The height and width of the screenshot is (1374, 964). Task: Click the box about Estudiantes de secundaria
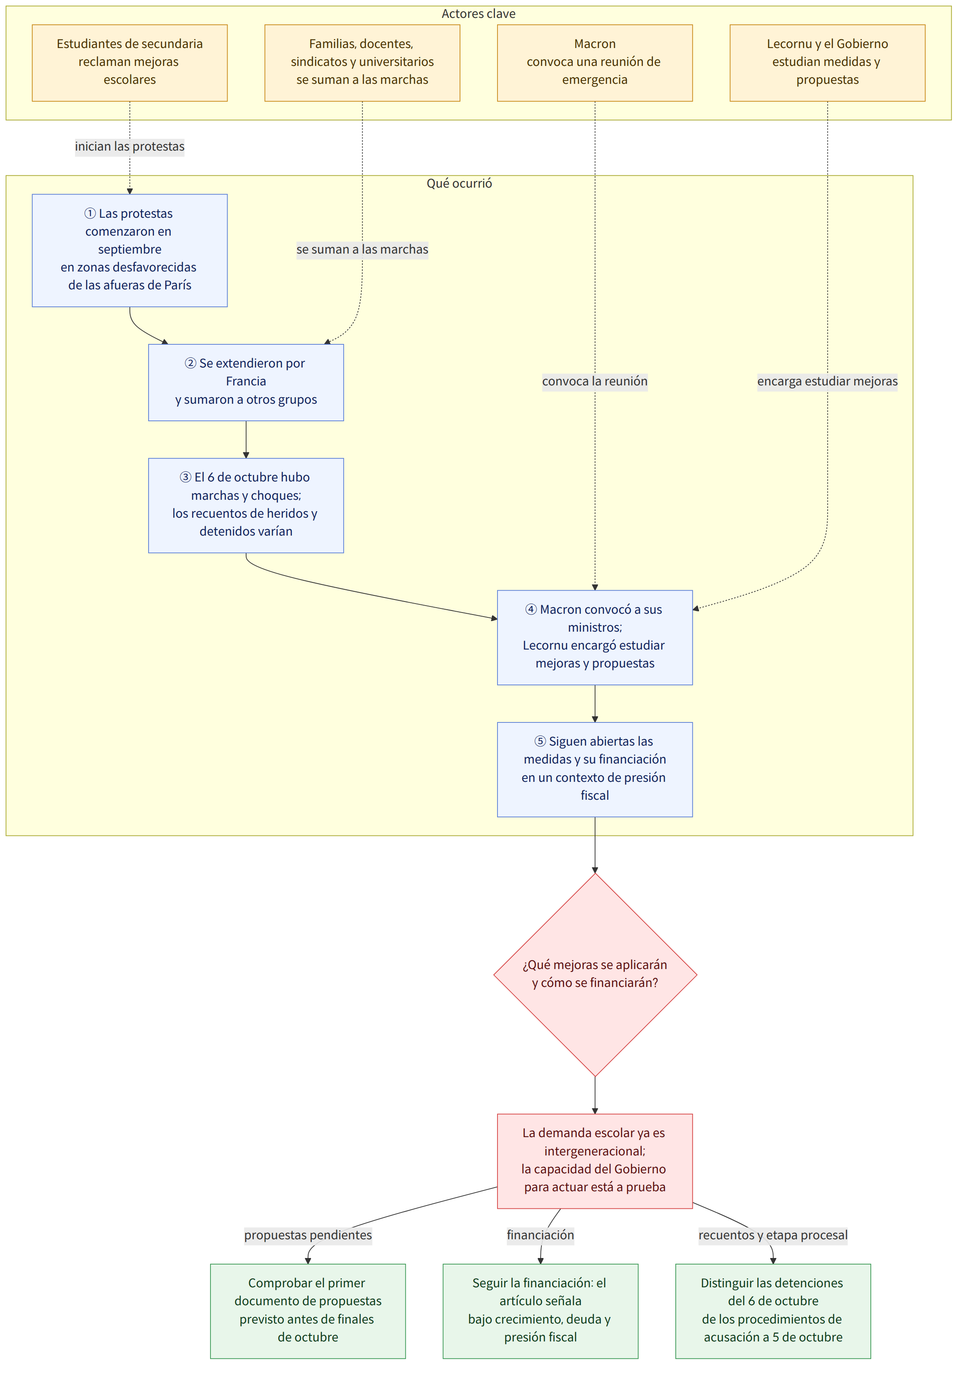click(x=130, y=63)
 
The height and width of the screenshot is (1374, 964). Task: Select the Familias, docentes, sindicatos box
click(x=362, y=63)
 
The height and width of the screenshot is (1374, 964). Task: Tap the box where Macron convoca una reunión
click(x=595, y=63)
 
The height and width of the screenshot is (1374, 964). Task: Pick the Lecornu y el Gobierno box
click(x=828, y=63)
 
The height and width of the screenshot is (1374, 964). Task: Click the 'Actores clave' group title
click(x=478, y=14)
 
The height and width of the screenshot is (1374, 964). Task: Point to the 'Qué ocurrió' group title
click(x=459, y=183)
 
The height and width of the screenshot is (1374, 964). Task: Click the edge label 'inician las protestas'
click(x=130, y=147)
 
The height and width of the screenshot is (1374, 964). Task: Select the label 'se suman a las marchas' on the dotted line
click(x=362, y=249)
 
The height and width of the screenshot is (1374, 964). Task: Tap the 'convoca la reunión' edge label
click(x=595, y=381)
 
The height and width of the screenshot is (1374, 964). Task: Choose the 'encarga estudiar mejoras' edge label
click(x=828, y=381)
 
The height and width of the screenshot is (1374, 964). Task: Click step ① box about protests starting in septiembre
click(x=130, y=250)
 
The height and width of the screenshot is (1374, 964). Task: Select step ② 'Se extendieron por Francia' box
click(x=246, y=383)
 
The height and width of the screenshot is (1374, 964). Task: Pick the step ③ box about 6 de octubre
click(x=246, y=505)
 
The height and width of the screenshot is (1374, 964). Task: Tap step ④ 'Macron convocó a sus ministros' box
click(x=595, y=637)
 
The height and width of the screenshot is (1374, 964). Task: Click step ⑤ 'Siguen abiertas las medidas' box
click(x=595, y=770)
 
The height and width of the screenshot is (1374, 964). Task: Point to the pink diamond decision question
click(x=595, y=975)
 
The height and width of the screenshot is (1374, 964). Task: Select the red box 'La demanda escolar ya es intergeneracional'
click(x=595, y=1161)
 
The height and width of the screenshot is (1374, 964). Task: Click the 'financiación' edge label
click(x=541, y=1235)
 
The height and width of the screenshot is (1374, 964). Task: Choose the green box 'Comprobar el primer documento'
click(x=308, y=1311)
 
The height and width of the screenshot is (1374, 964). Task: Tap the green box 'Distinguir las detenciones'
click(x=773, y=1311)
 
